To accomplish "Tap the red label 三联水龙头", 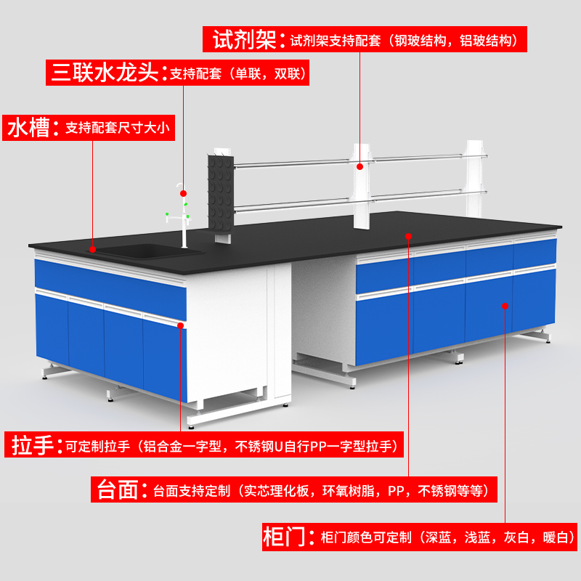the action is (x=106, y=73).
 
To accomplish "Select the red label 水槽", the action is (x=29, y=129).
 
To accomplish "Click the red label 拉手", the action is (x=33, y=444).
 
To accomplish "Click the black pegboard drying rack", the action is (x=222, y=196).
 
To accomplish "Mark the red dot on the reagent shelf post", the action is (x=359, y=166).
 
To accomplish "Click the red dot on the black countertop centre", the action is (x=408, y=236).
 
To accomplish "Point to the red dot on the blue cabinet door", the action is (x=505, y=306).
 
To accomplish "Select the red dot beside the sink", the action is (x=93, y=249).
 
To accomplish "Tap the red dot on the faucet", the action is (x=183, y=194).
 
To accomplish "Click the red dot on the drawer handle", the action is (x=179, y=326).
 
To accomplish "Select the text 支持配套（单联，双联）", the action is (x=239, y=73).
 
